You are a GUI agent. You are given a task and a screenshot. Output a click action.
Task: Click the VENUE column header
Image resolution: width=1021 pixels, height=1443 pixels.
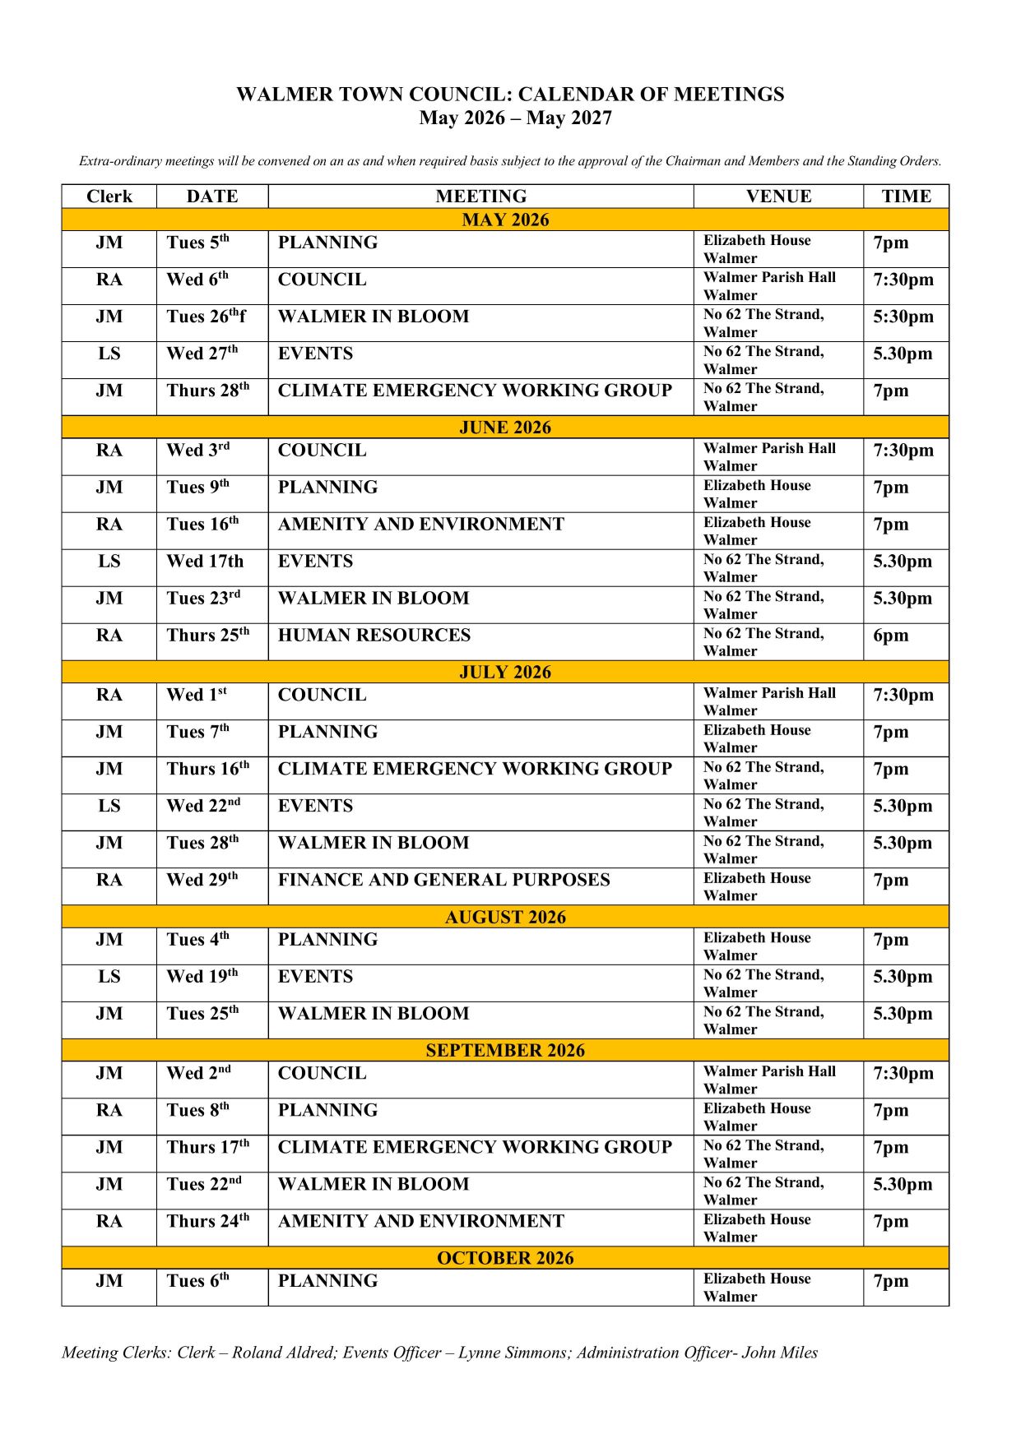click(x=778, y=197)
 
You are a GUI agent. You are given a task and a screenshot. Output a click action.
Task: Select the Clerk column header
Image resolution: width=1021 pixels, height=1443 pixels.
click(x=109, y=197)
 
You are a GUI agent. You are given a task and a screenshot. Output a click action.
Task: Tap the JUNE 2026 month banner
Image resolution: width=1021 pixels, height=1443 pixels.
click(x=505, y=428)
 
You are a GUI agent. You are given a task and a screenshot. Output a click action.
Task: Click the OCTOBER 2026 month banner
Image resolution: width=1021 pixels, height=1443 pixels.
click(x=505, y=1258)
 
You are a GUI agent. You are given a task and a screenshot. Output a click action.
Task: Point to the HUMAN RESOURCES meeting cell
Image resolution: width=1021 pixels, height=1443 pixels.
click(x=374, y=636)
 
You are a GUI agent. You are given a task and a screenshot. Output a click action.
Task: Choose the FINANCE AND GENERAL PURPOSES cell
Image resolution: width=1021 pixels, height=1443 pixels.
click(x=444, y=880)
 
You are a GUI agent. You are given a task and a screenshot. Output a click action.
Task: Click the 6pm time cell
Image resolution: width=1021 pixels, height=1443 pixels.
click(x=891, y=636)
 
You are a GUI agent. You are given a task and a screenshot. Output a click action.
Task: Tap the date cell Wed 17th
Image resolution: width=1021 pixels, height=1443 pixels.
click(x=205, y=562)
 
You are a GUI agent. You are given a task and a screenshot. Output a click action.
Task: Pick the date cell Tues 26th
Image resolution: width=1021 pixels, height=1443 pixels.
click(x=206, y=317)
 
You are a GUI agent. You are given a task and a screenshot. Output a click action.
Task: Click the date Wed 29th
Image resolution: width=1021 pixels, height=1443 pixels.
click(x=202, y=880)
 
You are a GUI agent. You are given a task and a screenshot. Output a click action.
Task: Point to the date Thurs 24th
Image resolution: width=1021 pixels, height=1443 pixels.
click(x=208, y=1221)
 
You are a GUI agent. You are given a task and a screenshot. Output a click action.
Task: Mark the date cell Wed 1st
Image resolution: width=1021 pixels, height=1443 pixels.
click(x=197, y=695)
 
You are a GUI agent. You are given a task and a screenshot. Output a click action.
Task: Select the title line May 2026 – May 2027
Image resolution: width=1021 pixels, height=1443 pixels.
click(x=515, y=118)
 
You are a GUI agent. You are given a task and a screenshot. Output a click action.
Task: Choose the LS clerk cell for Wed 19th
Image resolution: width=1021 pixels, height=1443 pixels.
click(x=109, y=977)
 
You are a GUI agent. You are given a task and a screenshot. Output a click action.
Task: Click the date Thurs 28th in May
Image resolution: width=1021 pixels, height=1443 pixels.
click(x=208, y=391)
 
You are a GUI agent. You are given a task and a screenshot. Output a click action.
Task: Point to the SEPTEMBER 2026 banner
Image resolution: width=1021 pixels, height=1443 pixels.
click(x=505, y=1051)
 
